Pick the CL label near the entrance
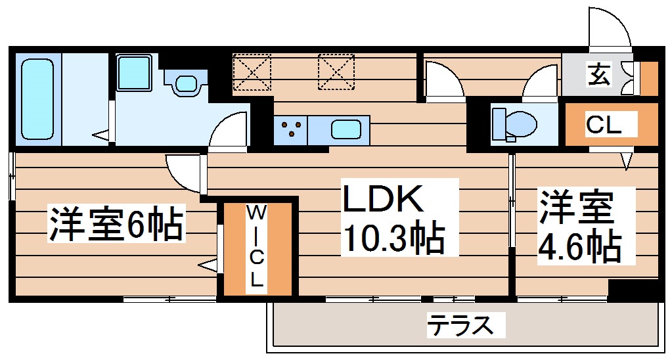coord(603,125)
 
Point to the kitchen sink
coord(347,129)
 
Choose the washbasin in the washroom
coord(187,84)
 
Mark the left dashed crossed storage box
coord(252,71)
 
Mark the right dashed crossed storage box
coord(336,71)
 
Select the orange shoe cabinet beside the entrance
coord(649,78)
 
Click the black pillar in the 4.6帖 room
coord(633,290)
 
